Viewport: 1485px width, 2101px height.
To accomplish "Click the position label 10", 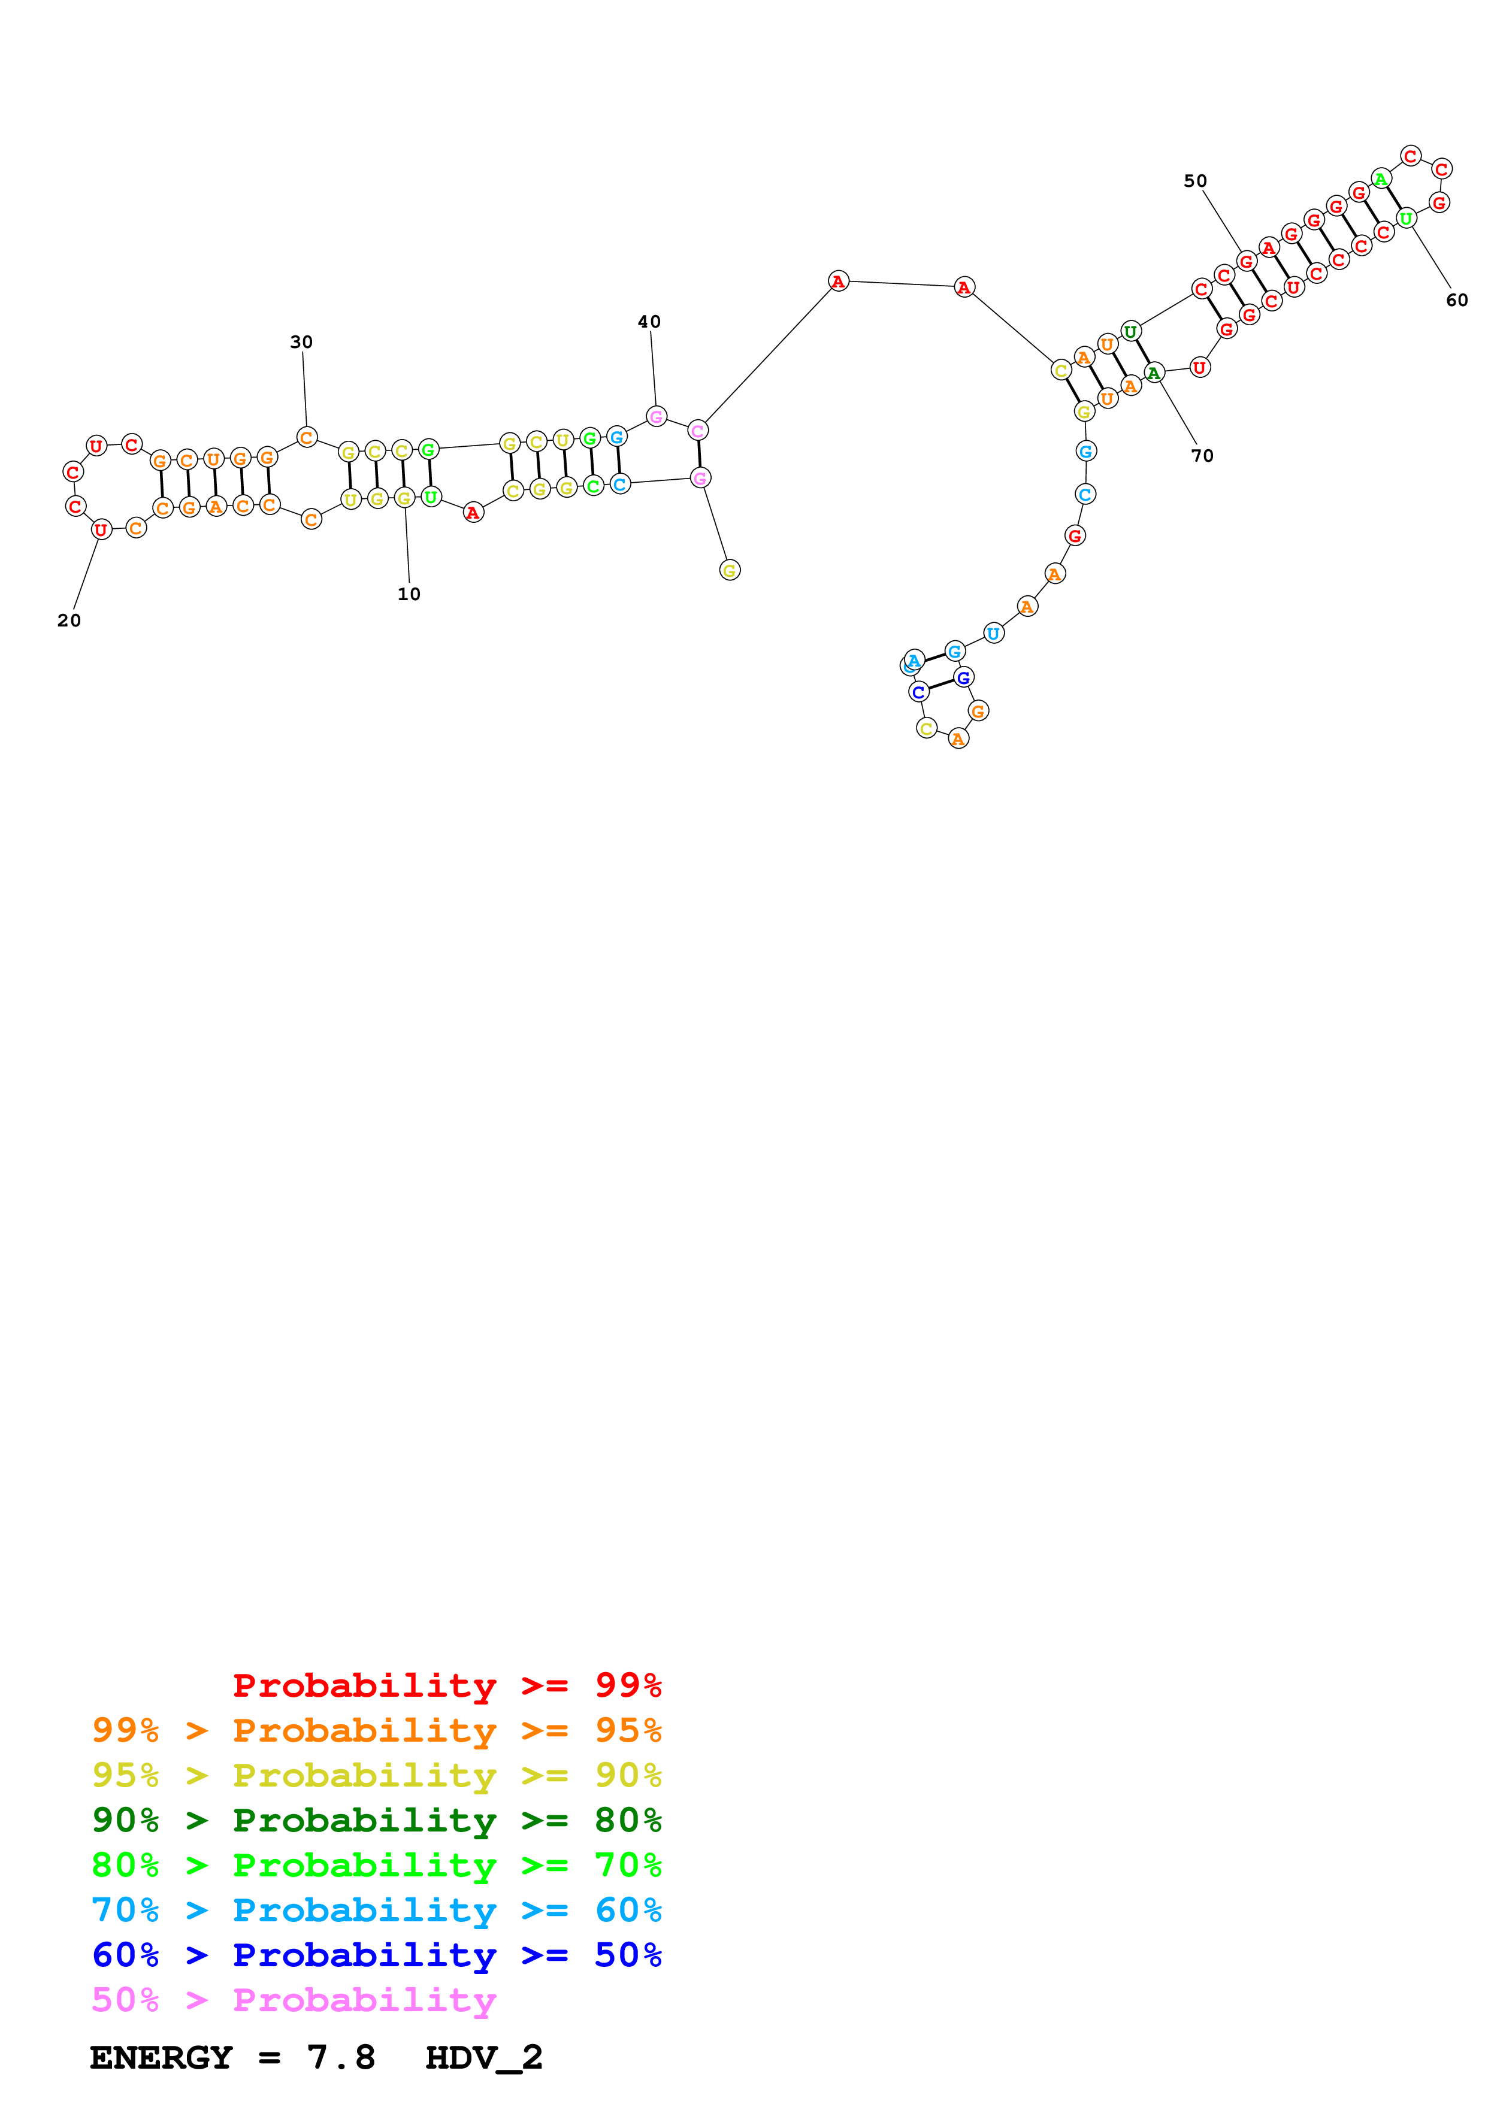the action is pyautogui.click(x=409, y=594).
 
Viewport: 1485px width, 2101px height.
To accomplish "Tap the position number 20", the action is pyautogui.click(x=69, y=620).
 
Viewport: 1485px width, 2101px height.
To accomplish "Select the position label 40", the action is pyautogui.click(x=649, y=322).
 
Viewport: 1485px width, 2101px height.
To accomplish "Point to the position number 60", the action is pyautogui.click(x=1457, y=300).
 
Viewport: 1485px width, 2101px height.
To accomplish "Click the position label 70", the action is pyautogui.click(x=1202, y=456).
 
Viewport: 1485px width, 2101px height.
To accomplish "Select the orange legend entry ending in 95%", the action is pyautogui.click(x=377, y=1730).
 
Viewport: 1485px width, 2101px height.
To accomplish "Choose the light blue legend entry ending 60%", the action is pyautogui.click(x=377, y=1910).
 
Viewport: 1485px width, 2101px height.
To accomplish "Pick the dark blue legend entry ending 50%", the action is pyautogui.click(x=377, y=1955).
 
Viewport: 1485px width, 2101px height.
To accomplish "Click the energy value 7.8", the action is pyautogui.click(x=340, y=2058).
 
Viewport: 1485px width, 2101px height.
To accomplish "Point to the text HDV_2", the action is pyautogui.click(x=484, y=2058).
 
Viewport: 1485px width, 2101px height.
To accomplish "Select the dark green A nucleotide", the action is pyautogui.click(x=1154, y=373).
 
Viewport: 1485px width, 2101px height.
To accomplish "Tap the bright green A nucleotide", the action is pyautogui.click(x=1381, y=178).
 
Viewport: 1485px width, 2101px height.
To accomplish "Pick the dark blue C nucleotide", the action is pyautogui.click(x=919, y=692).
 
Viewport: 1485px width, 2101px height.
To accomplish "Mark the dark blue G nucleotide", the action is pyautogui.click(x=963, y=677).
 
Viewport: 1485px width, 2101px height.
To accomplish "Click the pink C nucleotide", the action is pyautogui.click(x=697, y=430).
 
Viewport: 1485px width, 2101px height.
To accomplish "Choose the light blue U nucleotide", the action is pyautogui.click(x=993, y=632).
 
